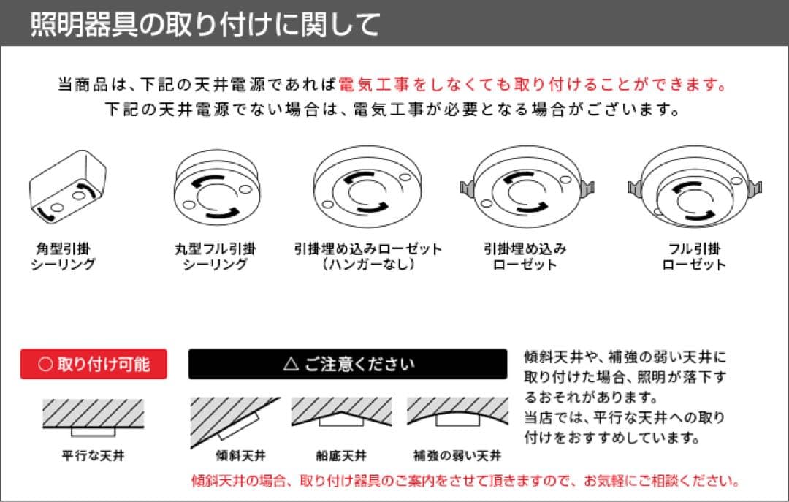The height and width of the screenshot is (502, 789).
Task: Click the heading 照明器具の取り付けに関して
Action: point(205,24)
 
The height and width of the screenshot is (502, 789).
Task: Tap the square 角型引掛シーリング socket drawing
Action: point(66,189)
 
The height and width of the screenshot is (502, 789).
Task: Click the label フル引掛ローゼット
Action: point(693,256)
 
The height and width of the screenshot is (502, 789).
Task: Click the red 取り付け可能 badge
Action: point(94,364)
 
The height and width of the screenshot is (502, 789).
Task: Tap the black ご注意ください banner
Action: point(348,364)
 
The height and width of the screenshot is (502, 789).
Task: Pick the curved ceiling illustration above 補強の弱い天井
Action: point(457,414)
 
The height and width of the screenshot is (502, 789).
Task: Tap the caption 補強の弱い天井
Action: point(457,456)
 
